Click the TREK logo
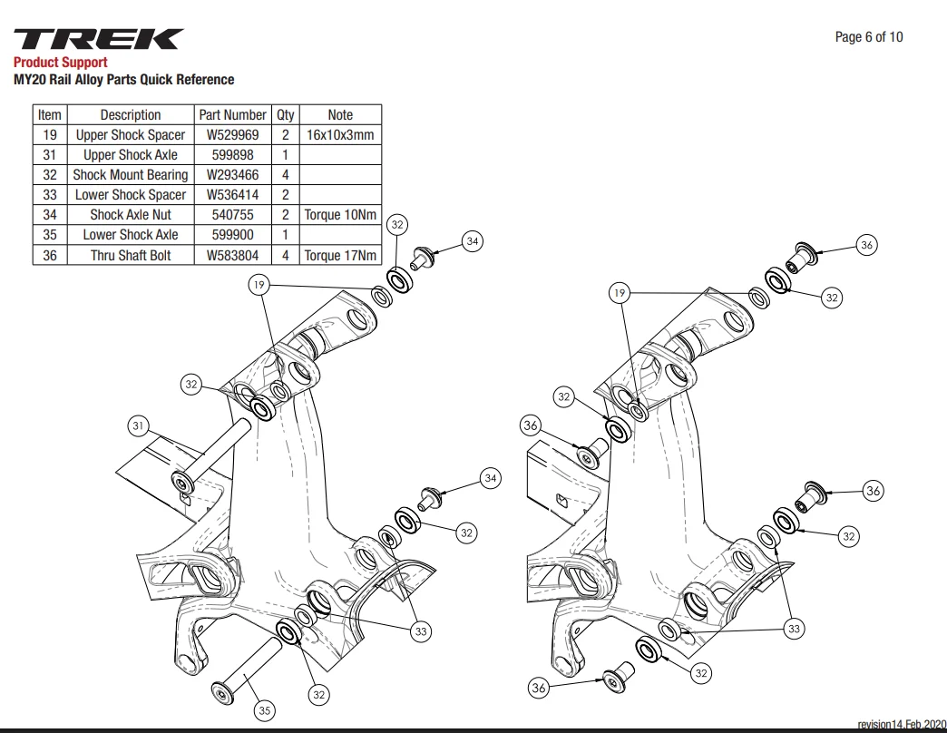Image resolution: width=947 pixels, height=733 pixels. [99, 39]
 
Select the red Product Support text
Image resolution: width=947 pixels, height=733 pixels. [61, 63]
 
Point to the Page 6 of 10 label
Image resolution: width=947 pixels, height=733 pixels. [868, 37]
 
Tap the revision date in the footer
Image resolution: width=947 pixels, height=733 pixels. [902, 724]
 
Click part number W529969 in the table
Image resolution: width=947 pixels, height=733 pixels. [232, 134]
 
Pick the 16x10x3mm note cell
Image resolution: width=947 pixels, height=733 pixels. [340, 134]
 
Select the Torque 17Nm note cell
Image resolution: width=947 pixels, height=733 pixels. [340, 256]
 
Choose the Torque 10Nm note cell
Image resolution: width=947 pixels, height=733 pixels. [340, 215]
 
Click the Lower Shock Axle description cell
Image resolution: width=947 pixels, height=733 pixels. [131, 235]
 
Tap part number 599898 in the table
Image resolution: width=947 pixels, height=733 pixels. [232, 154]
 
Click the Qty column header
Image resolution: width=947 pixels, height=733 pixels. [285, 114]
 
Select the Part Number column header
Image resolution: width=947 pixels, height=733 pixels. [232, 114]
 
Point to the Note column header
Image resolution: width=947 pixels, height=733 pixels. [340, 114]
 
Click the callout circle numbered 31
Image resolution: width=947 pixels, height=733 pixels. [138, 425]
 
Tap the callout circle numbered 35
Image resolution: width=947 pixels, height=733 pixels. [265, 710]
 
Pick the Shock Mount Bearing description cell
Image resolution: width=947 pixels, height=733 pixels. [131, 175]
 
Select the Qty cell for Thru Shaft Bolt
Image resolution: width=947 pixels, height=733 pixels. [285, 256]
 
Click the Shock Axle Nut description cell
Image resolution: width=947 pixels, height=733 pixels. [131, 215]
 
